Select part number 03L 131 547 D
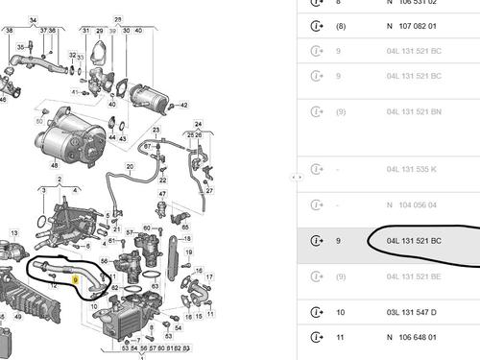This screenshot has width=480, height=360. coord(414,312)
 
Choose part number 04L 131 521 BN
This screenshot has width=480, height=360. coord(414,111)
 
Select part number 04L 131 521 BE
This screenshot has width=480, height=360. coord(414,276)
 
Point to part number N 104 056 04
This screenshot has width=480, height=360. coord(411,204)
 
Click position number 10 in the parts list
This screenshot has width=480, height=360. coord(341,312)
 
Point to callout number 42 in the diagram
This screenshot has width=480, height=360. coord(184,105)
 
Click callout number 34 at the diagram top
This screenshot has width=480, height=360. coord(34,20)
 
